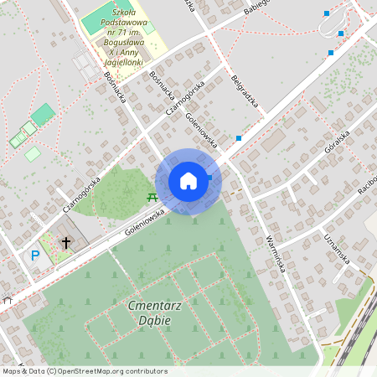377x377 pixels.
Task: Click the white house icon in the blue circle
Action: pyautogui.click(x=188, y=181)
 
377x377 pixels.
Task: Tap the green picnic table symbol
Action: pyautogui.click(x=152, y=196)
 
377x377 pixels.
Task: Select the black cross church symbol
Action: pyautogui.click(x=66, y=243)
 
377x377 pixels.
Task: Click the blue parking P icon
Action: pyautogui.click(x=35, y=256)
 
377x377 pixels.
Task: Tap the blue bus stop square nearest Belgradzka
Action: pyautogui.click(x=240, y=137)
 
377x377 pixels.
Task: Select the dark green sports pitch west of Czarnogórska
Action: pyautogui.click(x=43, y=114)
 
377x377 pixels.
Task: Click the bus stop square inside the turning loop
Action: pyautogui.click(x=341, y=34)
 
